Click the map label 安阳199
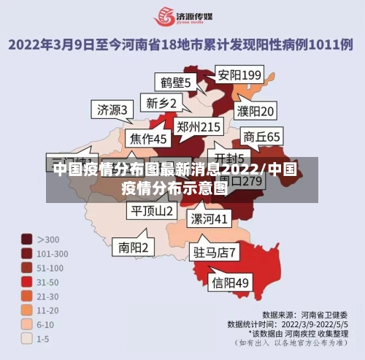pyautogui.click(x=239, y=75)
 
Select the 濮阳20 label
pyautogui.click(x=255, y=112)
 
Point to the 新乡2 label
pyautogui.click(x=161, y=104)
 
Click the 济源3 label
pyautogui.click(x=112, y=110)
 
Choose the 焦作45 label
pyautogui.click(x=148, y=138)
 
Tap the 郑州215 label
pyautogui.click(x=199, y=127)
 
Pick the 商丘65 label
pyautogui.click(x=261, y=137)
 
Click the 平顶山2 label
pyautogui.click(x=152, y=210)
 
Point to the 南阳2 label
pyautogui.click(x=134, y=248)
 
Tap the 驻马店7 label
pyautogui.click(x=214, y=253)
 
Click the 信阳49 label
pyautogui.click(x=230, y=282)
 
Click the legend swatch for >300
pyautogui.click(x=26, y=239)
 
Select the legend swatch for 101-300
pyautogui.click(x=26, y=253)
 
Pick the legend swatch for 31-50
pyautogui.click(x=26, y=281)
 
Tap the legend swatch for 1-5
pyautogui.click(x=26, y=338)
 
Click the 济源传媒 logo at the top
pyautogui.click(x=182, y=17)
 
